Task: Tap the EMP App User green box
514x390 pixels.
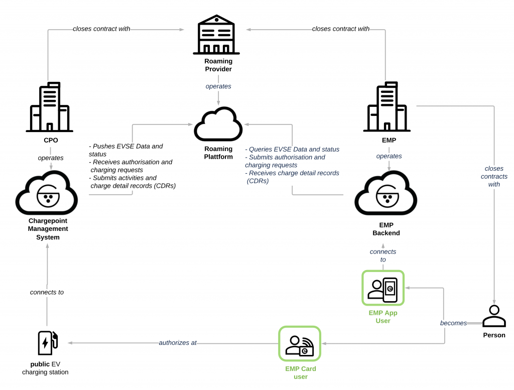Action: (x=383, y=288)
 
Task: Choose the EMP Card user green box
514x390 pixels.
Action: (x=300, y=344)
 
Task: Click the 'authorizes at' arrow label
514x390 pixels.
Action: (x=178, y=343)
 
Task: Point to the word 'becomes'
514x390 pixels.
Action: (x=454, y=323)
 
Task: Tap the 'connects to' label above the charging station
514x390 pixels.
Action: (x=47, y=292)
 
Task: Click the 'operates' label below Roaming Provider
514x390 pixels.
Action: (x=218, y=86)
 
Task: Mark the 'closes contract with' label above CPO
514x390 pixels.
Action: (x=101, y=29)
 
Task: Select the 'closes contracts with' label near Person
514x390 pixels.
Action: (x=494, y=176)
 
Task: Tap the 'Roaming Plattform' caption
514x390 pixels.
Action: (x=218, y=153)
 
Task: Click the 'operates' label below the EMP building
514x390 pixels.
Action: (x=389, y=156)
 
